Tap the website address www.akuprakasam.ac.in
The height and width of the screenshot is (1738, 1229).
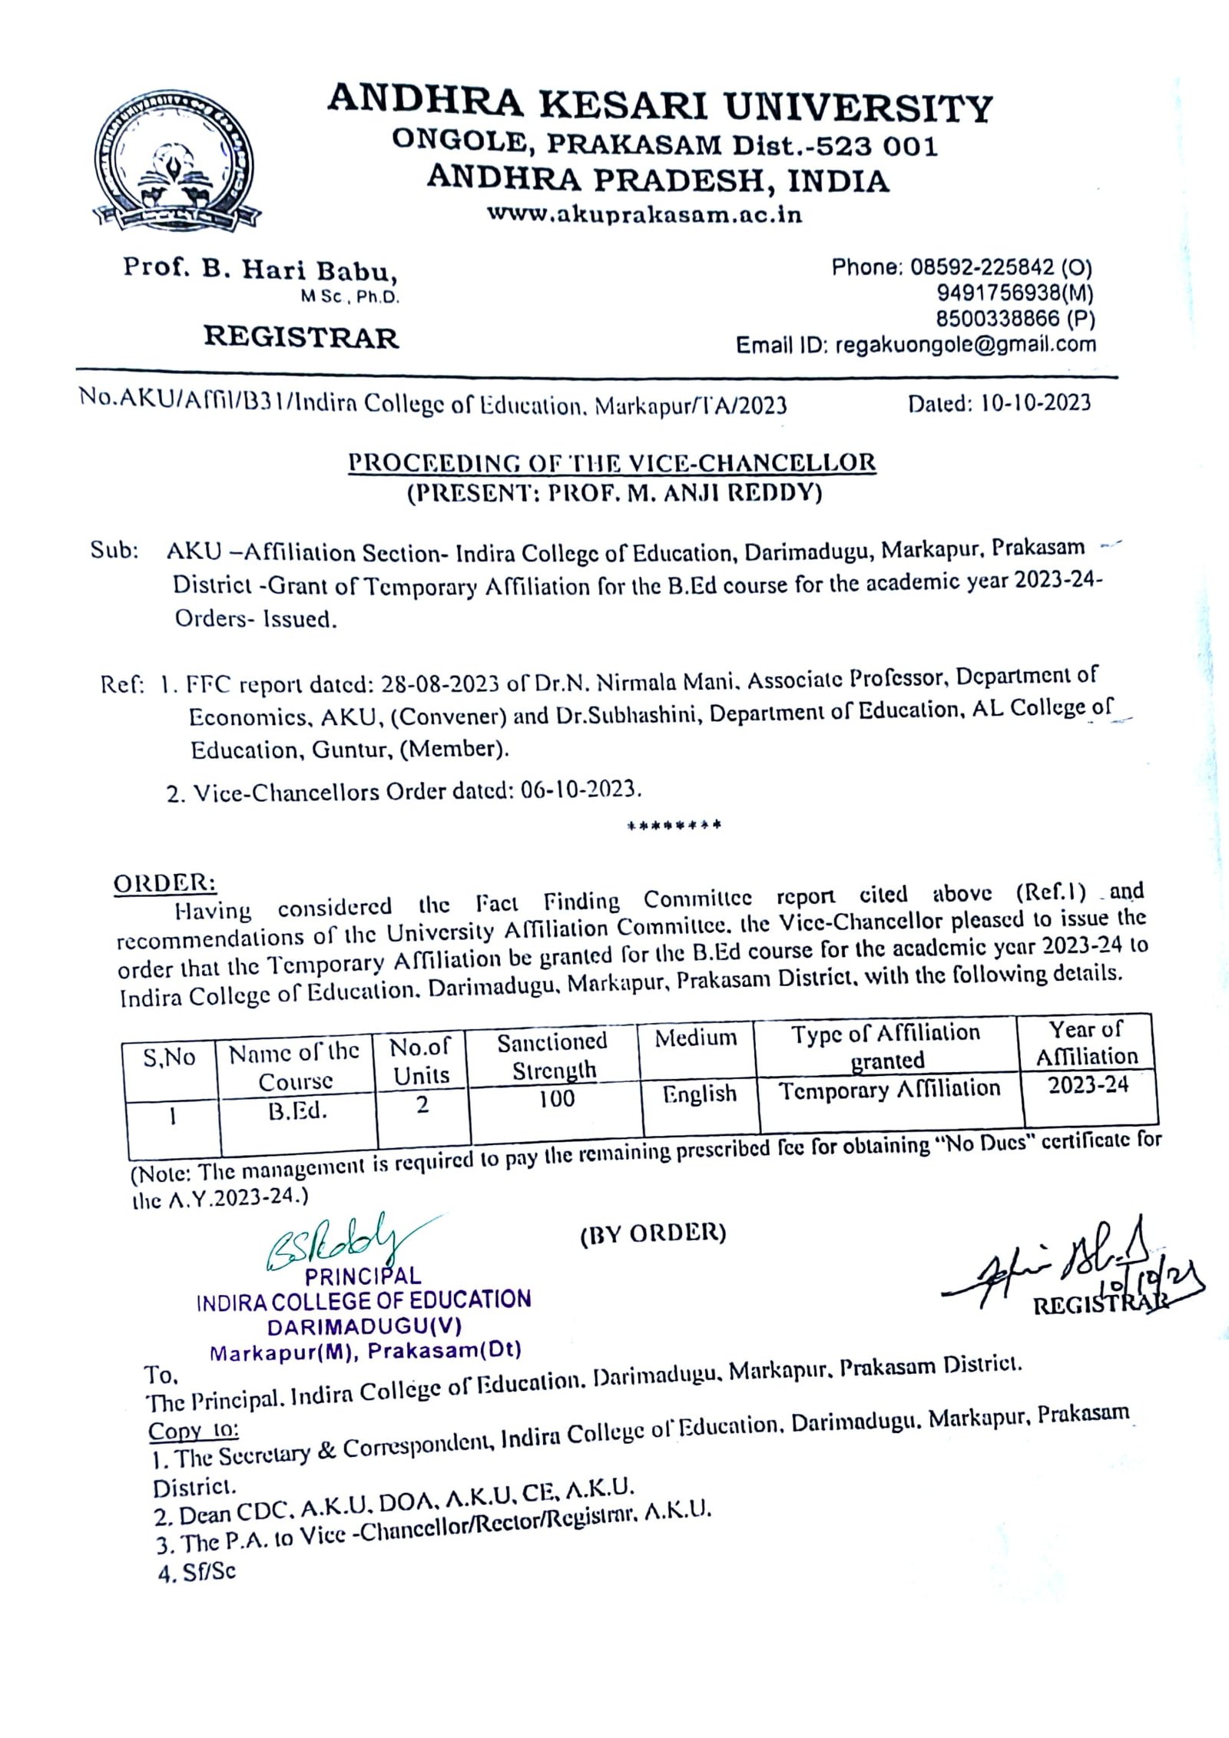[644, 216]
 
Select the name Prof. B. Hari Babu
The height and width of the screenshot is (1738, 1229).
[260, 270]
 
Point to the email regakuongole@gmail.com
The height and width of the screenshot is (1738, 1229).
[965, 345]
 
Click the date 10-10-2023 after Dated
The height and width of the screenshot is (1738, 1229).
[1035, 403]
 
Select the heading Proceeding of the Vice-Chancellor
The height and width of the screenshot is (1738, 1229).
[611, 463]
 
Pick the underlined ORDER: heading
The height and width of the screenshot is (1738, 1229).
[165, 883]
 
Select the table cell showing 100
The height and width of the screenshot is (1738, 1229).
[556, 1099]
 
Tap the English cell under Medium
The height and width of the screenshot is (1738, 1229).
[699, 1094]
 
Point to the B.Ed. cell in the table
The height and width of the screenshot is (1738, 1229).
[297, 1111]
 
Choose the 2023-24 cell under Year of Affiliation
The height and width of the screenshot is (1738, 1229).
[1088, 1084]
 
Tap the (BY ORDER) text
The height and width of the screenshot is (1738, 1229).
[652, 1233]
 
